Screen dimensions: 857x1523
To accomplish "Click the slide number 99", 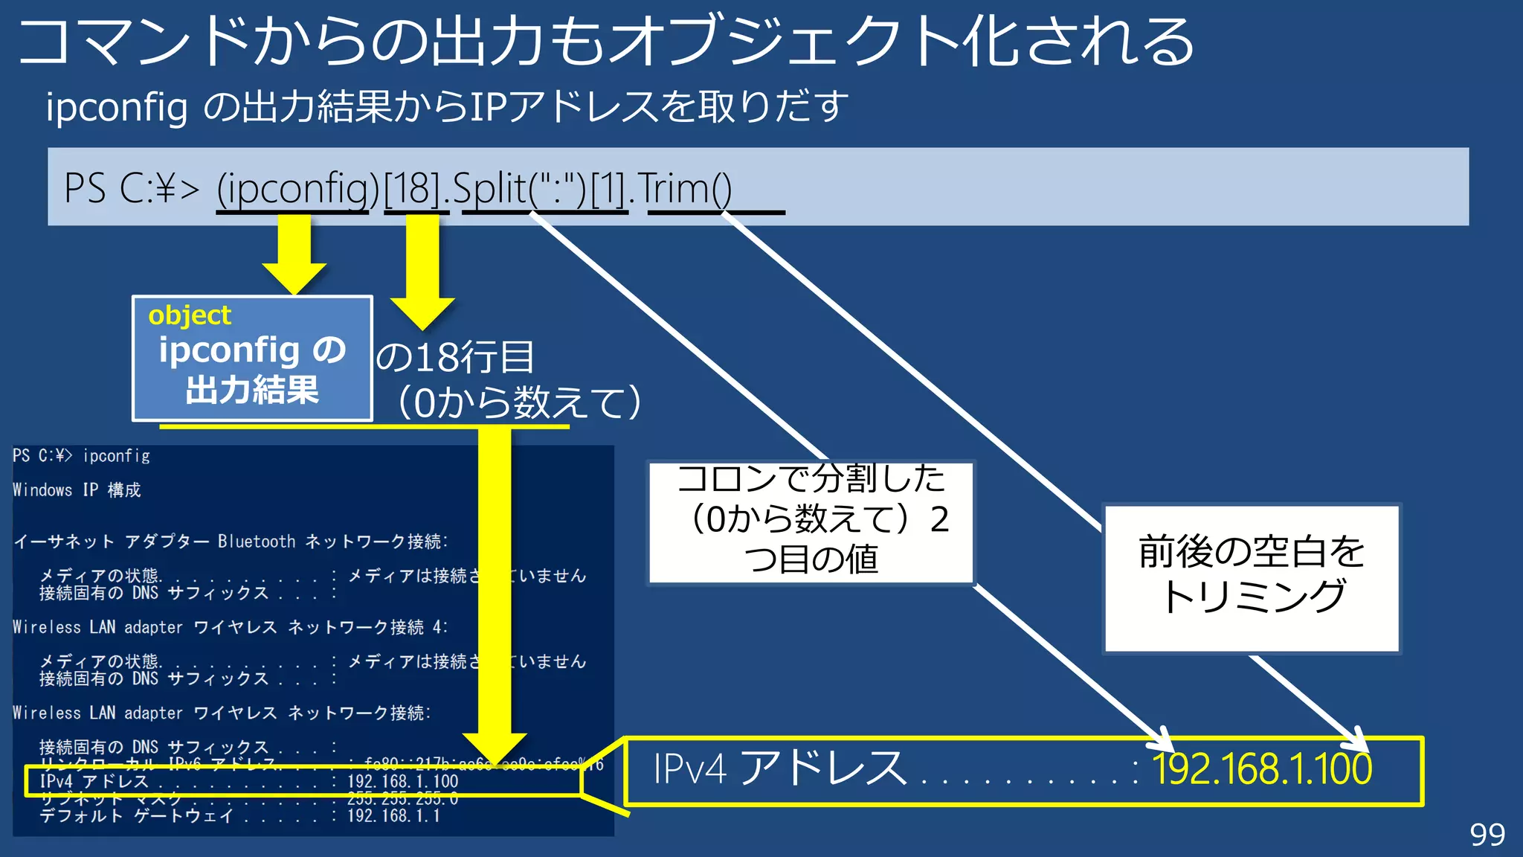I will coord(1487,835).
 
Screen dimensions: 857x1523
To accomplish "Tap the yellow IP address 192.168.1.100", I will coord(1261,769).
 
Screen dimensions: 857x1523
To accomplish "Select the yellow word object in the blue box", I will coord(190,315).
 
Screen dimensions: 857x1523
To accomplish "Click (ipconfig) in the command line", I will coord(297,188).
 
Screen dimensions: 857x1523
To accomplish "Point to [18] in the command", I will coord(413,188).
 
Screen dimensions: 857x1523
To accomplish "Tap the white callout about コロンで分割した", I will coord(811,521).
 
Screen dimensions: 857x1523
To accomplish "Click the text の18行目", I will coord(455,358).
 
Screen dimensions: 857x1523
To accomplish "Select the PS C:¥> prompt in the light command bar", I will coord(132,188).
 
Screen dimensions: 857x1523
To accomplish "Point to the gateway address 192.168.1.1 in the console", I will coord(393,816).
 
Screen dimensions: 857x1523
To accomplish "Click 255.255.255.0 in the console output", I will coord(402,799).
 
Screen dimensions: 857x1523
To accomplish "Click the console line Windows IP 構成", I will coord(77,490).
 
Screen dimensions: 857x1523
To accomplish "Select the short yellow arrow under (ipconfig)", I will coord(294,253).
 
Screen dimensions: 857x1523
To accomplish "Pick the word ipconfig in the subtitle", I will coord(117,107).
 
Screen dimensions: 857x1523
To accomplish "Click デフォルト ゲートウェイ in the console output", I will coord(136,816).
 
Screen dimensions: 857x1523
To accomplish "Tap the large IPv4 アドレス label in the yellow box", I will coord(779,769).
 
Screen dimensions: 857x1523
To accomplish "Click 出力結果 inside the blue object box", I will coord(252,390).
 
